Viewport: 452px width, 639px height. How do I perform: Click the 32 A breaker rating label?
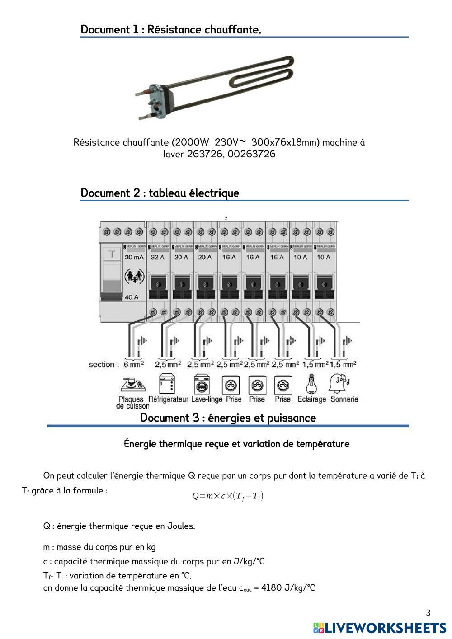pyautogui.click(x=157, y=257)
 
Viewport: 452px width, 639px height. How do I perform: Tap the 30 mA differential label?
pyautogui.click(x=134, y=257)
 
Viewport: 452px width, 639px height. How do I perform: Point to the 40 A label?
pyautogui.click(x=132, y=297)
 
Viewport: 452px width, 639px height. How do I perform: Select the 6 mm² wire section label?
pyautogui.click(x=133, y=364)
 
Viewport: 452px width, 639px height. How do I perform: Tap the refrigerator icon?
pyautogui.click(x=167, y=384)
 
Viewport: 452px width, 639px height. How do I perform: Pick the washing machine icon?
pyautogui.click(x=202, y=385)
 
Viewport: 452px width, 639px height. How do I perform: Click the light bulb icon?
pyautogui.click(x=311, y=384)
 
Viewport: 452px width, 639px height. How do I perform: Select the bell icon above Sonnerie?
pyautogui.click(x=340, y=384)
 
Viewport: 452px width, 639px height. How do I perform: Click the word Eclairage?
pyautogui.click(x=311, y=399)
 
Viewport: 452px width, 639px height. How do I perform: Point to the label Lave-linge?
pyautogui.click(x=207, y=399)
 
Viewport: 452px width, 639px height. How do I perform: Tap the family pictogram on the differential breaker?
pyautogui.click(x=134, y=277)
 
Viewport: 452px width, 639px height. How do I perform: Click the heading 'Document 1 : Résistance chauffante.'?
pyautogui.click(x=171, y=30)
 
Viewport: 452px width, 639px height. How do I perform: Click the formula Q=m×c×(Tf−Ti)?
pyautogui.click(x=227, y=496)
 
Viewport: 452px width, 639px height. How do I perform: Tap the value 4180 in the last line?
pyautogui.click(x=272, y=588)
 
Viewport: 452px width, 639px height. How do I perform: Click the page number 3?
pyautogui.click(x=428, y=613)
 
